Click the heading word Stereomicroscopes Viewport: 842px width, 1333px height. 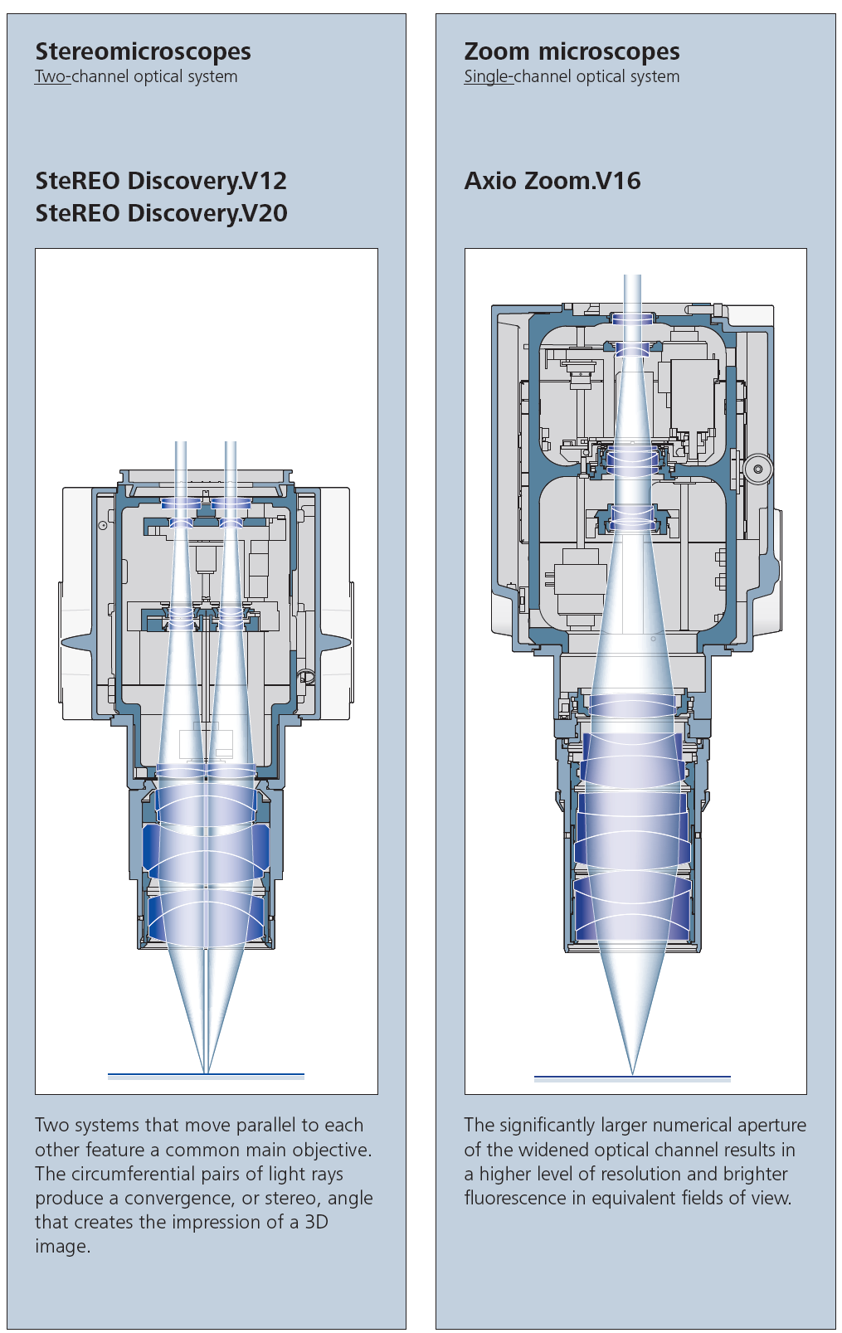click(143, 51)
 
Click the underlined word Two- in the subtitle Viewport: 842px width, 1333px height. click(52, 76)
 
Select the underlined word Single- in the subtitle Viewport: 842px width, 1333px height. click(488, 77)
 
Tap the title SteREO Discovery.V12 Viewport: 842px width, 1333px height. click(161, 181)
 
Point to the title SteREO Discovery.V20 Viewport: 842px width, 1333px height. click(161, 213)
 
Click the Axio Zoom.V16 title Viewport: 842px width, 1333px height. click(552, 181)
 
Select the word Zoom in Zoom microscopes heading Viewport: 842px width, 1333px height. click(497, 51)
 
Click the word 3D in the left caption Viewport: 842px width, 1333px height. click(317, 1222)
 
